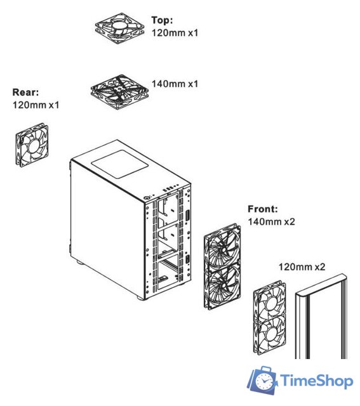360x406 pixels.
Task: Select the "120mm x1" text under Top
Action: point(175,31)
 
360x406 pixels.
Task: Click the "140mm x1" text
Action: point(175,82)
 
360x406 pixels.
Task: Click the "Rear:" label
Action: point(26,92)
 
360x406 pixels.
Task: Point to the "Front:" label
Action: point(262,209)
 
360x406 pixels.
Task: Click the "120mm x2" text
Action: point(302,267)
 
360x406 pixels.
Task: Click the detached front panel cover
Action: point(322,317)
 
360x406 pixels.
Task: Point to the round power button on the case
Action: point(148,197)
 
